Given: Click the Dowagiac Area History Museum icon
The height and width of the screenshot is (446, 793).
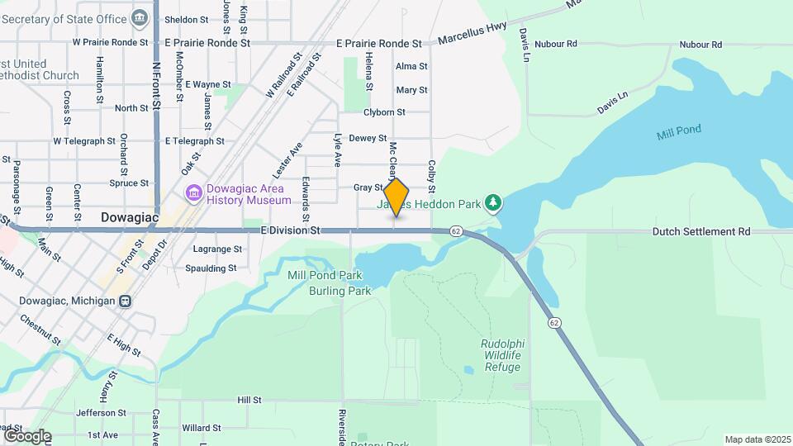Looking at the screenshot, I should (194, 193).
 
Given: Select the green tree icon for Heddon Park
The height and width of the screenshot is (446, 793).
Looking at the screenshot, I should (493, 202).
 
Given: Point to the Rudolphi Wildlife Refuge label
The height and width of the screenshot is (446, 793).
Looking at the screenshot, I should (501, 355).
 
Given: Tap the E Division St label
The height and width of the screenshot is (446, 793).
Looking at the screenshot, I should (289, 231).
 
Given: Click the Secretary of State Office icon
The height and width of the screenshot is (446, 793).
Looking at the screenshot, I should (140, 17).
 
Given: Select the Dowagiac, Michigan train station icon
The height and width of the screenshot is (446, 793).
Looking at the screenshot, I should (126, 301).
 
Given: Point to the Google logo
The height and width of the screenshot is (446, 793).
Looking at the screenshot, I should (26, 436).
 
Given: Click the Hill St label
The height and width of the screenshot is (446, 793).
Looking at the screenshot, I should (249, 400).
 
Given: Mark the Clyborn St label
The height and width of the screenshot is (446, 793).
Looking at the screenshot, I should (385, 112).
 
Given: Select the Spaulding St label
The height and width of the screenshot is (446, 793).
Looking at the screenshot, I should (210, 268).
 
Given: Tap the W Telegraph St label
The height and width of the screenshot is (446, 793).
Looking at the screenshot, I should (84, 141).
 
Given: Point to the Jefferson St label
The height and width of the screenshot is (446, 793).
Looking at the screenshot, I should (100, 413).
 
